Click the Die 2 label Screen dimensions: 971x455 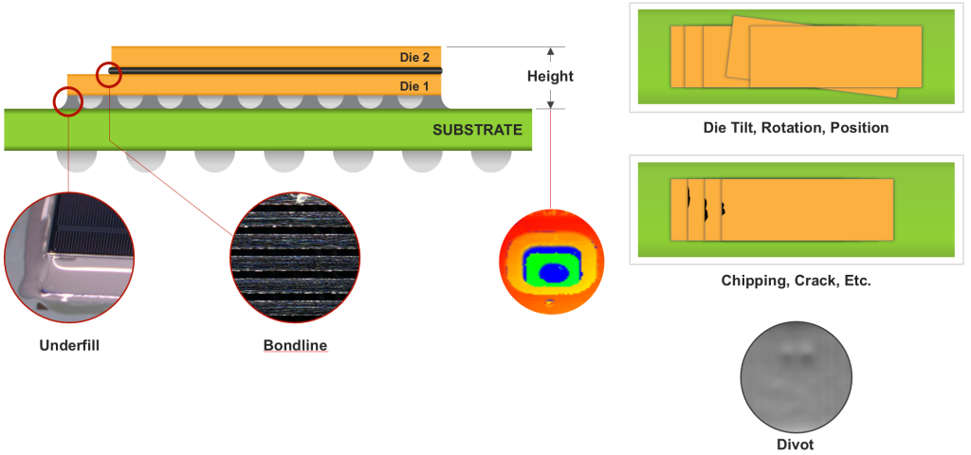pyautogui.click(x=414, y=58)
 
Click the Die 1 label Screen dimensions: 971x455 pyautogui.click(x=414, y=86)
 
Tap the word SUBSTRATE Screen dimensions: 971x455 pyautogui.click(x=477, y=130)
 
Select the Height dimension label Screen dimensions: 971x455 pyautogui.click(x=551, y=76)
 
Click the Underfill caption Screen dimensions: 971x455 pyautogui.click(x=69, y=345)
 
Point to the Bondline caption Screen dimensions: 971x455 pyautogui.click(x=295, y=345)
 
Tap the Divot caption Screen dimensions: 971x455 pyautogui.click(x=796, y=444)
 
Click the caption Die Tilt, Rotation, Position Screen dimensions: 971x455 pyautogui.click(x=796, y=128)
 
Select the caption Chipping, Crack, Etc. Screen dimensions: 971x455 pyautogui.click(x=797, y=281)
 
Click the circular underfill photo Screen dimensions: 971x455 pyautogui.click(x=69, y=257)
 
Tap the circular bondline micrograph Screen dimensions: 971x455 pyautogui.click(x=295, y=257)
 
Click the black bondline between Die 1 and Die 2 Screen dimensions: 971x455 pyautogui.click(x=275, y=70)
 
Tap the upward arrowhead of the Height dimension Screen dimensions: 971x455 pyautogui.click(x=551, y=52)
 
